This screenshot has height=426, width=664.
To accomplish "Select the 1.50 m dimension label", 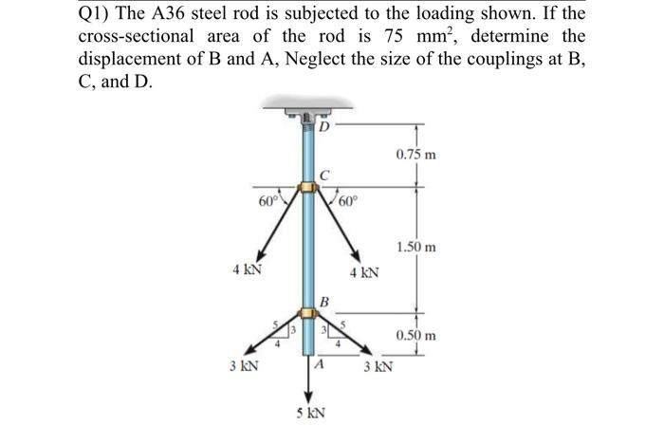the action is coord(416,247).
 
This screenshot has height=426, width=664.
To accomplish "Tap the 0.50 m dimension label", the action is coord(416,335).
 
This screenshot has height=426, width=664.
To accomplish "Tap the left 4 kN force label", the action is coord(248,269).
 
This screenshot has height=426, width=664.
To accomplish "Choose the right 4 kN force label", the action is coord(364,272).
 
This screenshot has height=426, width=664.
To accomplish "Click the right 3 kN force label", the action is coord(378,365).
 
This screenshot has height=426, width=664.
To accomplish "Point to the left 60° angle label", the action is coord(268,200).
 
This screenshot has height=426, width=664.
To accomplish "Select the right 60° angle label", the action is coord(344,200).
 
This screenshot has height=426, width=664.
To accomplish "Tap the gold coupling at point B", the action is coord(307,314).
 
